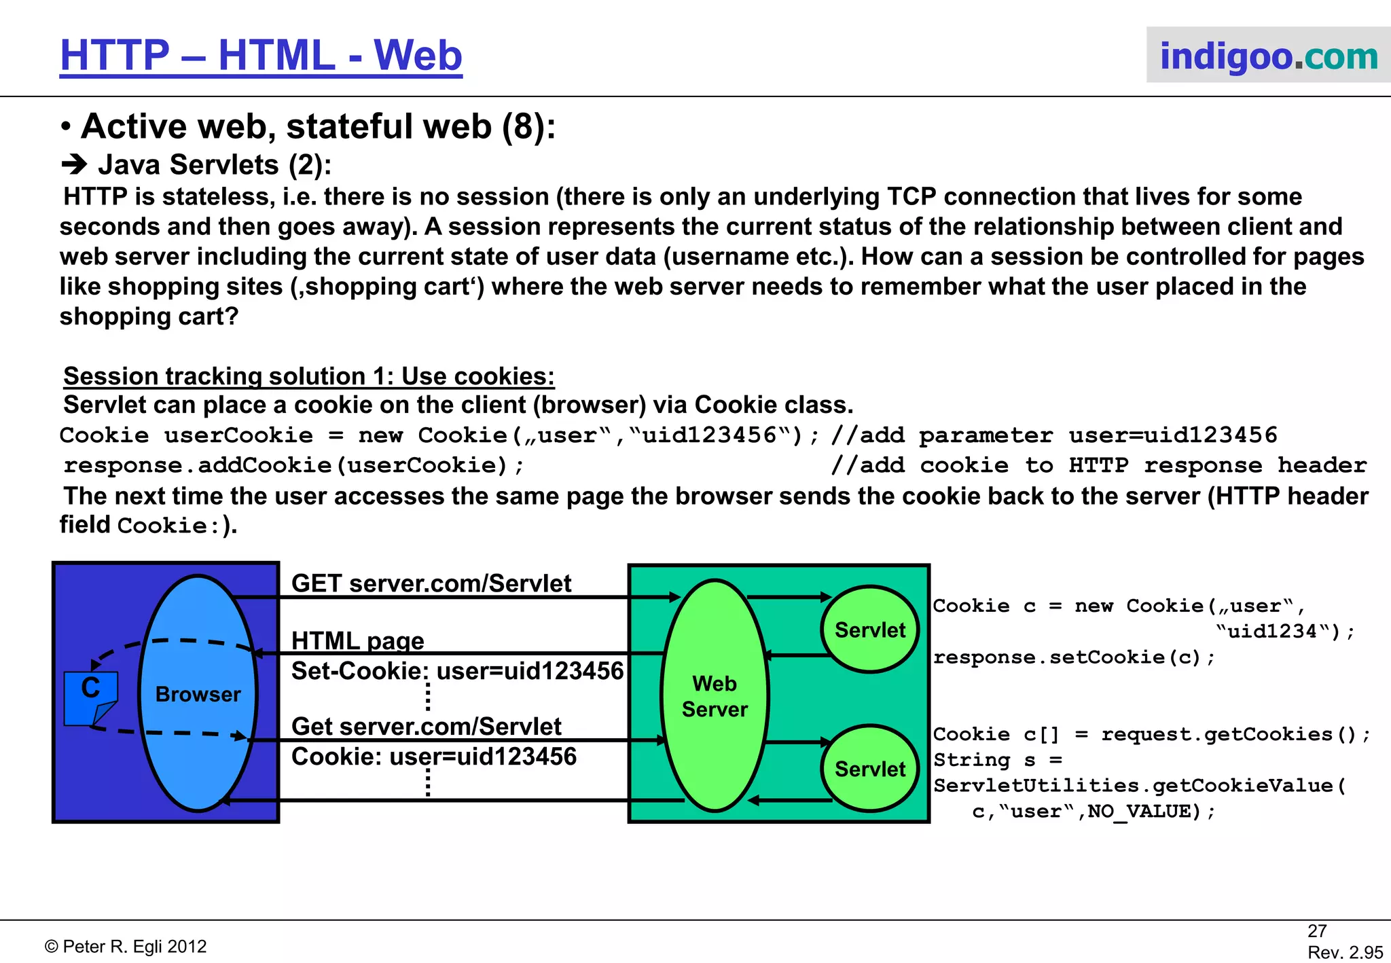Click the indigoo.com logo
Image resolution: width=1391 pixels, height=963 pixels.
pyautogui.click(x=1268, y=56)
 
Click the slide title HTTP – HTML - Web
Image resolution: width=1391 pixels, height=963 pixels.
pyautogui.click(x=261, y=56)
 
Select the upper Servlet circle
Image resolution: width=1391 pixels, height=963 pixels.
pyautogui.click(x=869, y=630)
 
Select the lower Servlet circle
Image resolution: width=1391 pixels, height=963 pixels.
pyautogui.click(x=869, y=769)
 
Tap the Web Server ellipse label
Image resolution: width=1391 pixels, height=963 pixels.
pyautogui.click(x=715, y=696)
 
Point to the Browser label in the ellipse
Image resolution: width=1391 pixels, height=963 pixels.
pyautogui.click(x=198, y=694)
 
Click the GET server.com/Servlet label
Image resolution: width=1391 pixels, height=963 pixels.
pyautogui.click(x=431, y=583)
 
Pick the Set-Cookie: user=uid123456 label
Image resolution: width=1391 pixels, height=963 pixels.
pyautogui.click(x=457, y=671)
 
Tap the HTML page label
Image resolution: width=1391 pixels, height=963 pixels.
pyautogui.click(x=357, y=640)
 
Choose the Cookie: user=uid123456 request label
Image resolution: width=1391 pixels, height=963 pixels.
pyautogui.click(x=434, y=757)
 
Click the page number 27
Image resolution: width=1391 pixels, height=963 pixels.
pyautogui.click(x=1317, y=931)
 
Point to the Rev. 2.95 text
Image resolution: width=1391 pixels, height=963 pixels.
pyautogui.click(x=1345, y=952)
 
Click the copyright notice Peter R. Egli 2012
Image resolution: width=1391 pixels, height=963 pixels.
pyautogui.click(x=126, y=947)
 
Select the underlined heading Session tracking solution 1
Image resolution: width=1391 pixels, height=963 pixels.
pyautogui.click(x=309, y=376)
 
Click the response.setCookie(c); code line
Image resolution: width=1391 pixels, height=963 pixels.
pyautogui.click(x=1074, y=657)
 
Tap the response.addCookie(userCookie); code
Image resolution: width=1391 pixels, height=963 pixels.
pyautogui.click(x=293, y=465)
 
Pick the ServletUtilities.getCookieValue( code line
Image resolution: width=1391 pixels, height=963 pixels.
pyautogui.click(x=1139, y=786)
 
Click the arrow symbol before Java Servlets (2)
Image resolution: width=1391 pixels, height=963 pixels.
pyautogui.click(x=74, y=165)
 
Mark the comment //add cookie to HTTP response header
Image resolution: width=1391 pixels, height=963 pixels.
pyautogui.click(x=1098, y=465)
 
